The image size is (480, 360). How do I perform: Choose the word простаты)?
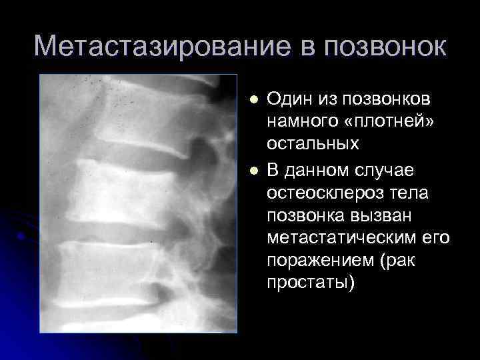pyautogui.click(x=311, y=281)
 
